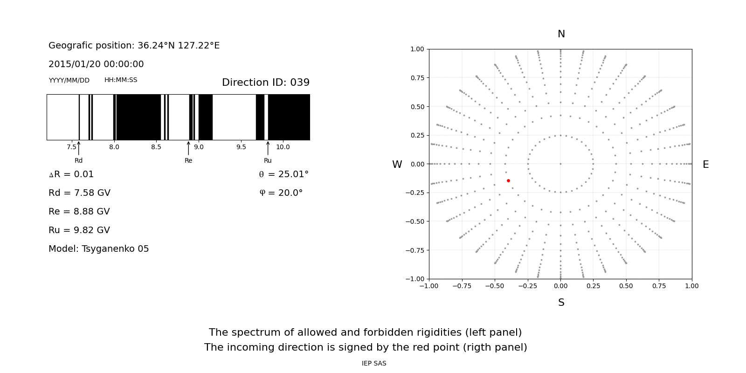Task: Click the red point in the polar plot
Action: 508,180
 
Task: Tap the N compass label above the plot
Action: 561,34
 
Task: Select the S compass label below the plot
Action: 561,303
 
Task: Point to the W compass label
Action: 397,165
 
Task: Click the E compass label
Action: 705,165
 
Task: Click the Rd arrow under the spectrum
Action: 79,148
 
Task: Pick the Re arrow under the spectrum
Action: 188,148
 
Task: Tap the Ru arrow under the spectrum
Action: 268,148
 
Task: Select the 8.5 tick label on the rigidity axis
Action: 156,147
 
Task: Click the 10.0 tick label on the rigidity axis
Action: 283,147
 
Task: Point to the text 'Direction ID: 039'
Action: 265,83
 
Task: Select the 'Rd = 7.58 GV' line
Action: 79,193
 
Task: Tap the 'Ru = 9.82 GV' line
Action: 79,230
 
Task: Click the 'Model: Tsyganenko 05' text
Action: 99,249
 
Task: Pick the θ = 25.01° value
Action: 283,174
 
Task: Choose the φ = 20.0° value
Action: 281,193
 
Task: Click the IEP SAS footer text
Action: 374,364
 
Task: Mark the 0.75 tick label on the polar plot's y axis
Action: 417,78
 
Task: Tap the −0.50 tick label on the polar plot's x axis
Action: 495,286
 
